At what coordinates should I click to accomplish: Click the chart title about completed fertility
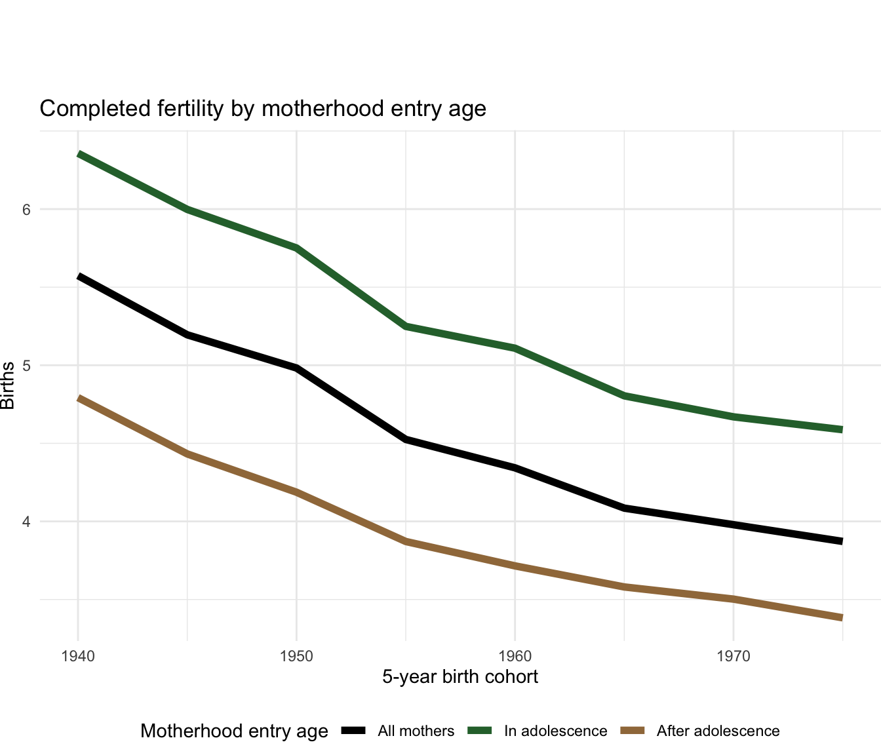coord(263,108)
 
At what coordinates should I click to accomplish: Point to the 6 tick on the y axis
coord(27,210)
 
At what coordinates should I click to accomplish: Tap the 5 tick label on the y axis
coord(27,366)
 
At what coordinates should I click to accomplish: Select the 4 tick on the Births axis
coord(27,522)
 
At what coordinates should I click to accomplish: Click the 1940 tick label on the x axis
coord(78,655)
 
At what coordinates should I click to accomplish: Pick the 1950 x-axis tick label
coord(296,655)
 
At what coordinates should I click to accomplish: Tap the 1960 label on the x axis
coord(515,655)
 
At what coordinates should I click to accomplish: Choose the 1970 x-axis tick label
coord(733,655)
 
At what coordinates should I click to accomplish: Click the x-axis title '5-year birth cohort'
coord(460,677)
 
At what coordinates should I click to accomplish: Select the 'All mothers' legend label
coord(416,731)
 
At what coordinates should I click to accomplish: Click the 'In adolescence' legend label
coord(556,731)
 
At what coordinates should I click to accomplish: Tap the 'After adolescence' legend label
coord(718,731)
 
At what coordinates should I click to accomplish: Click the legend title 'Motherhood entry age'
coord(234,731)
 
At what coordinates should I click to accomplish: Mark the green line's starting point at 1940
coord(79,154)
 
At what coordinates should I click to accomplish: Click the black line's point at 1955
coord(406,438)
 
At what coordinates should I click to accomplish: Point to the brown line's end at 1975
coord(842,617)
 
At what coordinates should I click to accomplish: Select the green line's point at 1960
coord(515,347)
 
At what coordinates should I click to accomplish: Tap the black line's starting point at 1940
coord(79,277)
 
